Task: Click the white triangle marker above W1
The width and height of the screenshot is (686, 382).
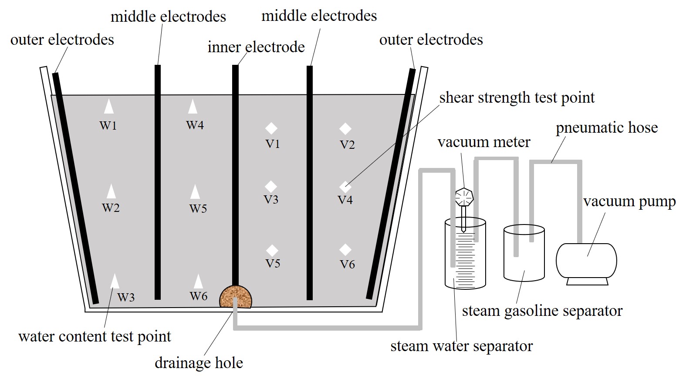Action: pyautogui.click(x=108, y=107)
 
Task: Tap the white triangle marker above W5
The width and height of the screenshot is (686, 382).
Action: pyautogui.click(x=195, y=192)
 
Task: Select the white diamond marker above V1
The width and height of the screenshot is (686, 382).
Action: pyautogui.click(x=271, y=128)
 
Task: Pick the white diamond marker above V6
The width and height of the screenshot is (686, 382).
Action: pyautogui.click(x=345, y=250)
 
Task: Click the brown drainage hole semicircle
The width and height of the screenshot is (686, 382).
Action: pyautogui.click(x=235, y=297)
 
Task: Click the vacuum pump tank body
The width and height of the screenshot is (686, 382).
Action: pyautogui.click(x=586, y=260)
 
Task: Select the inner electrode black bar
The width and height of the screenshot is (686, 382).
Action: pyautogui.click(x=235, y=174)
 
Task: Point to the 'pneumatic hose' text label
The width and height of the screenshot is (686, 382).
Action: pyautogui.click(x=607, y=127)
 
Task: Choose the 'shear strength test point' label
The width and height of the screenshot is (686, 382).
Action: pyautogui.click(x=517, y=97)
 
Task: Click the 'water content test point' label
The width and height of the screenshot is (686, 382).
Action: pyautogui.click(x=95, y=336)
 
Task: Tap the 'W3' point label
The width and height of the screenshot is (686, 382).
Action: pyautogui.click(x=126, y=298)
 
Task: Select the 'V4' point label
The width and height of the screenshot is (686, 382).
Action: pyautogui.click(x=345, y=200)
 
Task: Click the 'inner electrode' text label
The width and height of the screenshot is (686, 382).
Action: pyautogui.click(x=256, y=47)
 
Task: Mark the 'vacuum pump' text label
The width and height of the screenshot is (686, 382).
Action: pyautogui.click(x=629, y=201)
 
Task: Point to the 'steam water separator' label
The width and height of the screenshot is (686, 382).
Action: pyautogui.click(x=461, y=346)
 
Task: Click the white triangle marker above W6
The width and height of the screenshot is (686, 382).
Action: pyautogui.click(x=198, y=281)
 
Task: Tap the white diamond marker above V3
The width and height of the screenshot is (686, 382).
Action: pyautogui.click(x=271, y=186)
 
